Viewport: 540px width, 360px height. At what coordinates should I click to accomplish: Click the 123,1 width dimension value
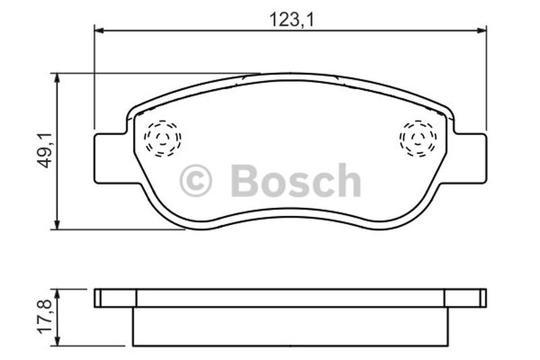pyautogui.click(x=291, y=20)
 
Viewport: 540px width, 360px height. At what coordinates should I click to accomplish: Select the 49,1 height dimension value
pyautogui.click(x=45, y=150)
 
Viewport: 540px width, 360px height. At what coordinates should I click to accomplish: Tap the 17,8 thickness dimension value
pyautogui.click(x=45, y=316)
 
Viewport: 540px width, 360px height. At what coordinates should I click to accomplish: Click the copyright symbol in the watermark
pyautogui.click(x=196, y=180)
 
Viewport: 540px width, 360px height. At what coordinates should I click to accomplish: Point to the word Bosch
pyautogui.click(x=296, y=180)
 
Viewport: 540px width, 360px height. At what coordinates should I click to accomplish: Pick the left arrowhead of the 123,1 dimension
pyautogui.click(x=99, y=30)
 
